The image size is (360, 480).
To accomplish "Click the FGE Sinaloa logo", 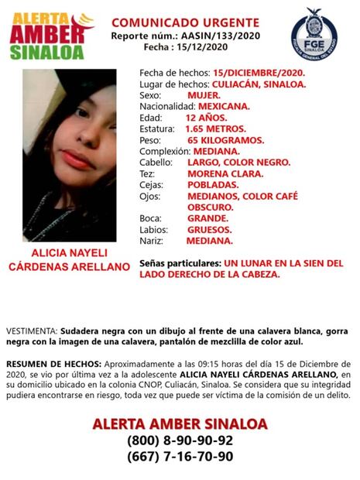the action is coord(314,31).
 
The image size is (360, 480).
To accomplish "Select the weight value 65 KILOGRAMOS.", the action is coord(225,140).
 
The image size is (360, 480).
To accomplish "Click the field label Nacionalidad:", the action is coord(168,106).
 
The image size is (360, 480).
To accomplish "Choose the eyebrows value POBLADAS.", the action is coord(211,185).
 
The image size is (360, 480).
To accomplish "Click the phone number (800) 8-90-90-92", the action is coord(180,440).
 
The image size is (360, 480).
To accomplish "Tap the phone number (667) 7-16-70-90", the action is coord(180,456).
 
